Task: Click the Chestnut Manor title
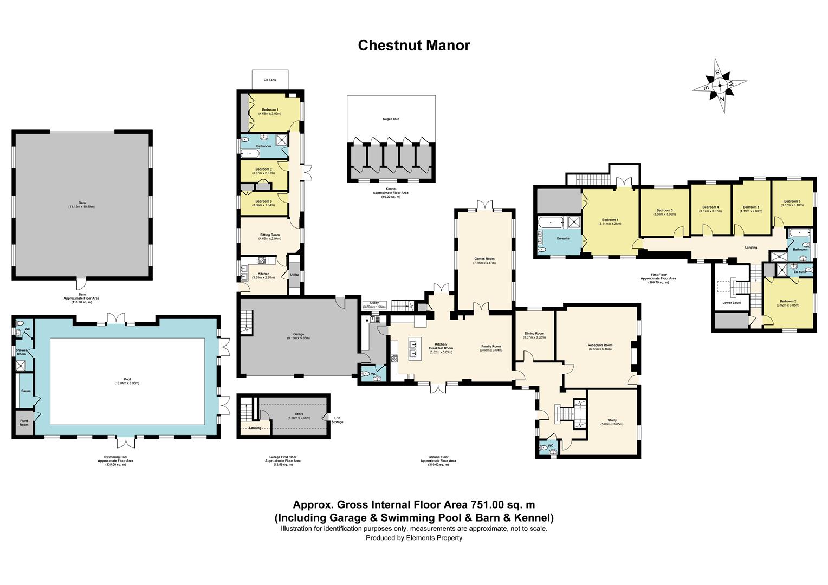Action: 413,45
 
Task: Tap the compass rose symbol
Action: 720,86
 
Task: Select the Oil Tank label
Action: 269,80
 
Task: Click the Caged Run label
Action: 391,119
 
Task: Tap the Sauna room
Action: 25,391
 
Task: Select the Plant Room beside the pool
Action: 24,423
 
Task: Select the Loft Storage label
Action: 337,420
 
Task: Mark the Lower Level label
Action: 731,303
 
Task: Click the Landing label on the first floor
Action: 751,248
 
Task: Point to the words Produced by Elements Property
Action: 413,538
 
